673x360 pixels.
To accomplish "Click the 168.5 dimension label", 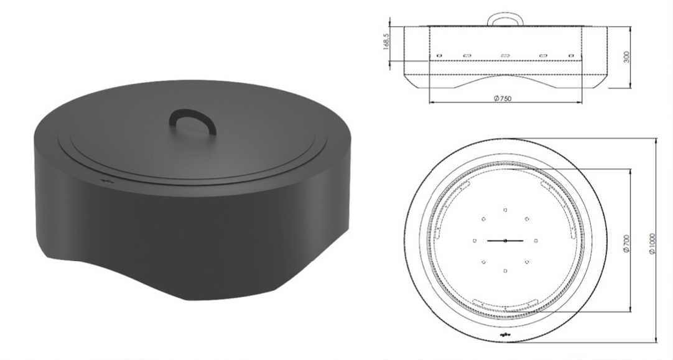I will point(386,42).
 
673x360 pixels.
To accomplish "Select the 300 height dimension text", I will point(626,57).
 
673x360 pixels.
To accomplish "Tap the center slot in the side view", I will point(505,56).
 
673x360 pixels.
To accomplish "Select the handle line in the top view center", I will point(505,240).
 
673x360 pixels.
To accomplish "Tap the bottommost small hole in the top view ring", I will point(505,271).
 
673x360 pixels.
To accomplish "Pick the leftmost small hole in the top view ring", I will point(475,240).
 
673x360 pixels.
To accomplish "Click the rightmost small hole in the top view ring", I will point(536,240).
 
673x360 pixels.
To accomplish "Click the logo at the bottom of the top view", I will point(505,336).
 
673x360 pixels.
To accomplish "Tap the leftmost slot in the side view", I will point(439,53).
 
